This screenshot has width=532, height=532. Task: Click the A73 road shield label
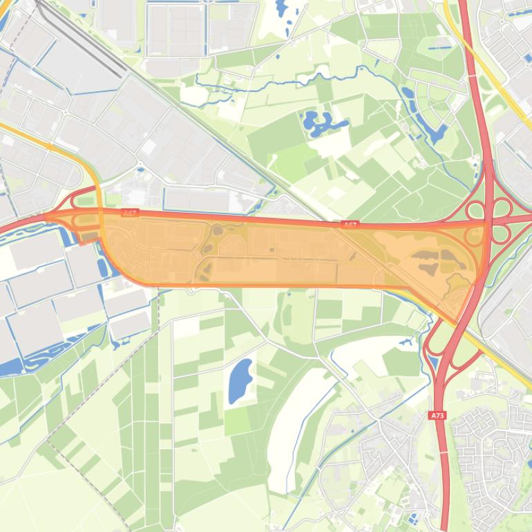pyautogui.click(x=437, y=415)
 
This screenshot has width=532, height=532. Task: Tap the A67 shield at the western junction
pyautogui.click(x=130, y=213)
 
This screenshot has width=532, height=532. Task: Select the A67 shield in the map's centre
pyautogui.click(x=350, y=225)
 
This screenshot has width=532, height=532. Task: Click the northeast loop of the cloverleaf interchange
pyautogui.click(x=500, y=208)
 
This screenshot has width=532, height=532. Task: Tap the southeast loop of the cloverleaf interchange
pyautogui.click(x=500, y=234)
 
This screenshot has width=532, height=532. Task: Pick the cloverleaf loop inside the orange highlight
pyautogui.click(x=475, y=236)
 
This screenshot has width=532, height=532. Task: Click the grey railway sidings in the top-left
pyautogui.click(x=83, y=38)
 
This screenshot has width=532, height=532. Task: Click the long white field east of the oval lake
pyautogui.click(x=290, y=428)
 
